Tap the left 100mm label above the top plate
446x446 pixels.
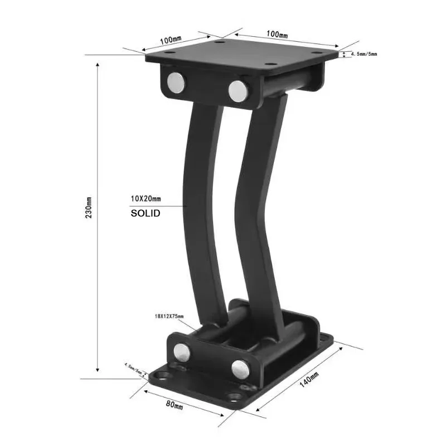[x=171, y=40]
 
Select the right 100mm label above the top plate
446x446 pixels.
[x=277, y=35]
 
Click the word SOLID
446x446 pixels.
[x=145, y=213]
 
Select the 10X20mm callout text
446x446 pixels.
[x=146, y=198]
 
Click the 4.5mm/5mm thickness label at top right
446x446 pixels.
[x=363, y=54]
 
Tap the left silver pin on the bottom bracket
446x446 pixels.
[x=182, y=351]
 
